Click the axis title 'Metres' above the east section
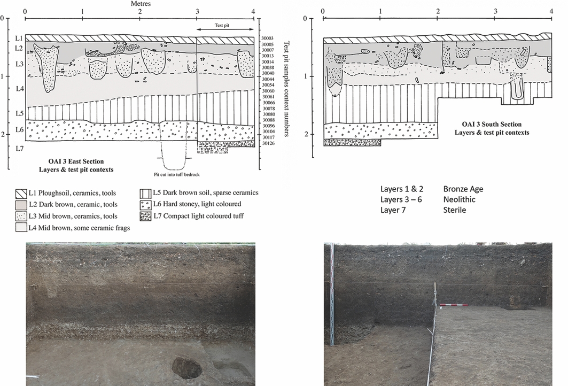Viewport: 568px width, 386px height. (141, 4)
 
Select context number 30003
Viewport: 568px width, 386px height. (268, 38)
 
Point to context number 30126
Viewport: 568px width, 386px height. (268, 143)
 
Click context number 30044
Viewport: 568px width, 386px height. (268, 79)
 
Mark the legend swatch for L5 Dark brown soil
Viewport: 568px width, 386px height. (144, 194)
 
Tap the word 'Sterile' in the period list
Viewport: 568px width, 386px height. (455, 210)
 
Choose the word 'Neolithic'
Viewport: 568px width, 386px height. (460, 199)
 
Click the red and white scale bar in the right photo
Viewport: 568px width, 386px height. (454, 305)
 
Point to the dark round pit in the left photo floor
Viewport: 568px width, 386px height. (186, 368)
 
